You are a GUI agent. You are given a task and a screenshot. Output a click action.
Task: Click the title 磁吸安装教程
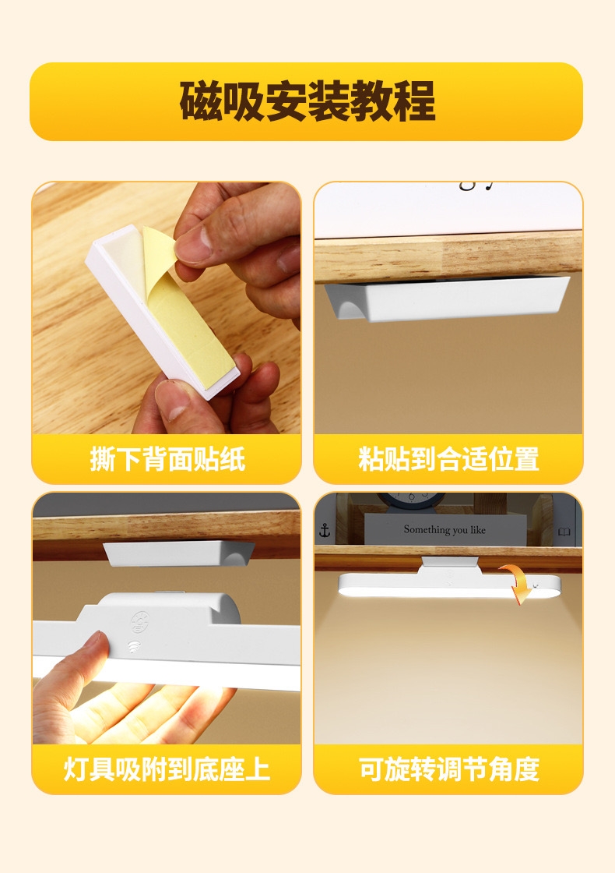coord(307,101)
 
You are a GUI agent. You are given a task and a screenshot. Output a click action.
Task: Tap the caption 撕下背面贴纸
coord(167,459)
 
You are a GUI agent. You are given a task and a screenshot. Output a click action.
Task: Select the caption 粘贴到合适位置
coord(448,459)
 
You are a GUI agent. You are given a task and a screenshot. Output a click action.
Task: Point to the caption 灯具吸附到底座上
coord(167,769)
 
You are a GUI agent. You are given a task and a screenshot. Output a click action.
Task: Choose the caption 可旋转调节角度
coord(448,769)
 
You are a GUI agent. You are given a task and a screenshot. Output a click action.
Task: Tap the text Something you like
coord(445,529)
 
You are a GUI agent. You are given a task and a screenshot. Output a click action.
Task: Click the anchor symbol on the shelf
coord(325,531)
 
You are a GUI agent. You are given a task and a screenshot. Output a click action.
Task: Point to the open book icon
coord(564,532)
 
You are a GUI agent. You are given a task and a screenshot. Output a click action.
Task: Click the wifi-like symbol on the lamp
coord(134,647)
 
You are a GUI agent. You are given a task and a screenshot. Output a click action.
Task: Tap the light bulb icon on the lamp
coord(139,622)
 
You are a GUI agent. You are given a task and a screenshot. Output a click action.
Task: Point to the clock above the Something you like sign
coord(410,500)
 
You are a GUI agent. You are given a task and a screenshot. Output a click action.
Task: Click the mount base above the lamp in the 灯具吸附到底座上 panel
coord(178,553)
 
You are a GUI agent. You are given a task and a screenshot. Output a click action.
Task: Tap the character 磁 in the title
coord(200,101)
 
